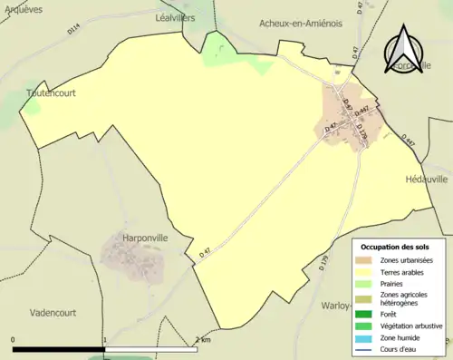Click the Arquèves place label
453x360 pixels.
click(x=24, y=7)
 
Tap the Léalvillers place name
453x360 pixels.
click(x=175, y=17)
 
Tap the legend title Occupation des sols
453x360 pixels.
click(x=395, y=247)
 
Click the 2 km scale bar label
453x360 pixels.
click(x=202, y=340)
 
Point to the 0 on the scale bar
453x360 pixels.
click(x=14, y=340)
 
